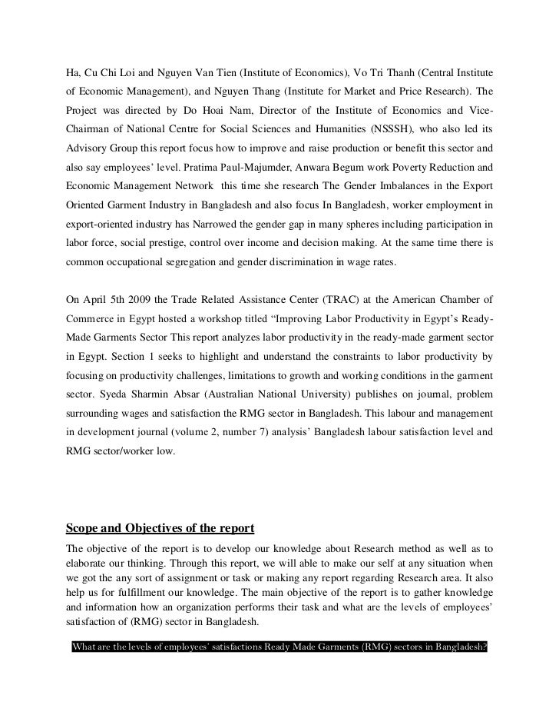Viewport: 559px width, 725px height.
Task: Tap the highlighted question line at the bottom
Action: [279, 647]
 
